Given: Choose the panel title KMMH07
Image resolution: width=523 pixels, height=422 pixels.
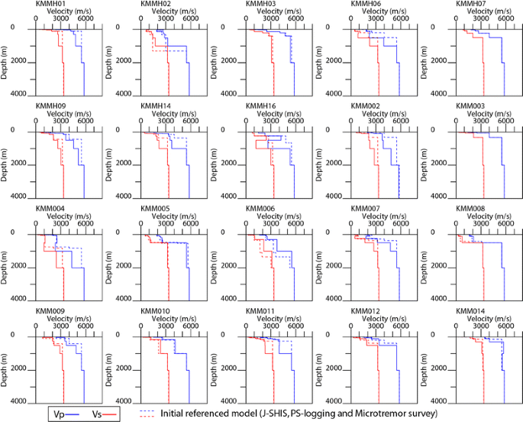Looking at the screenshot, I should pyautogui.click(x=471, y=5).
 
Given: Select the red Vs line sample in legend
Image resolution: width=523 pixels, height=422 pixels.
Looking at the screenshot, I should pyautogui.click(x=112, y=414).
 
